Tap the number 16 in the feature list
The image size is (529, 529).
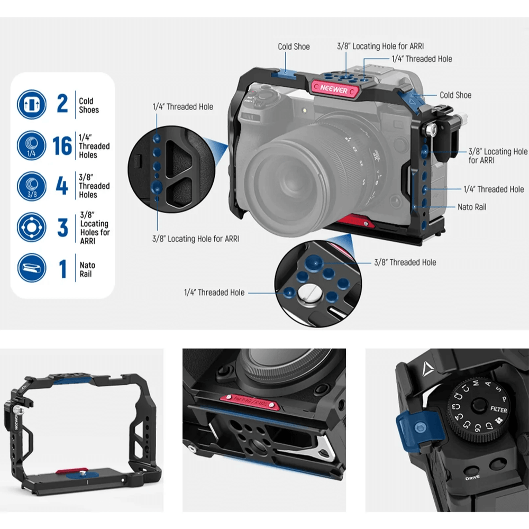coord(62,145)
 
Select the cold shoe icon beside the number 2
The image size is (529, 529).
coord(31,104)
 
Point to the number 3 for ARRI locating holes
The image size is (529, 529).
coord(62,227)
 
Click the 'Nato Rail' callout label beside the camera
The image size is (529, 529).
coord(472,207)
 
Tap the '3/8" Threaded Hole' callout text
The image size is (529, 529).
coord(405,262)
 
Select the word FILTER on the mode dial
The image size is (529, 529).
coord(498,410)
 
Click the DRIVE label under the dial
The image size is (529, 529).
coord(472,478)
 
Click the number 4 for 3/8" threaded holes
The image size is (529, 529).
coord(62,187)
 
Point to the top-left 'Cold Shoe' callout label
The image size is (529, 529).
coord(294,47)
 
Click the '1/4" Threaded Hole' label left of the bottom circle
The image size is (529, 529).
coord(214,293)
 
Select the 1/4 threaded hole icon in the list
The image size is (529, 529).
coord(31,145)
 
